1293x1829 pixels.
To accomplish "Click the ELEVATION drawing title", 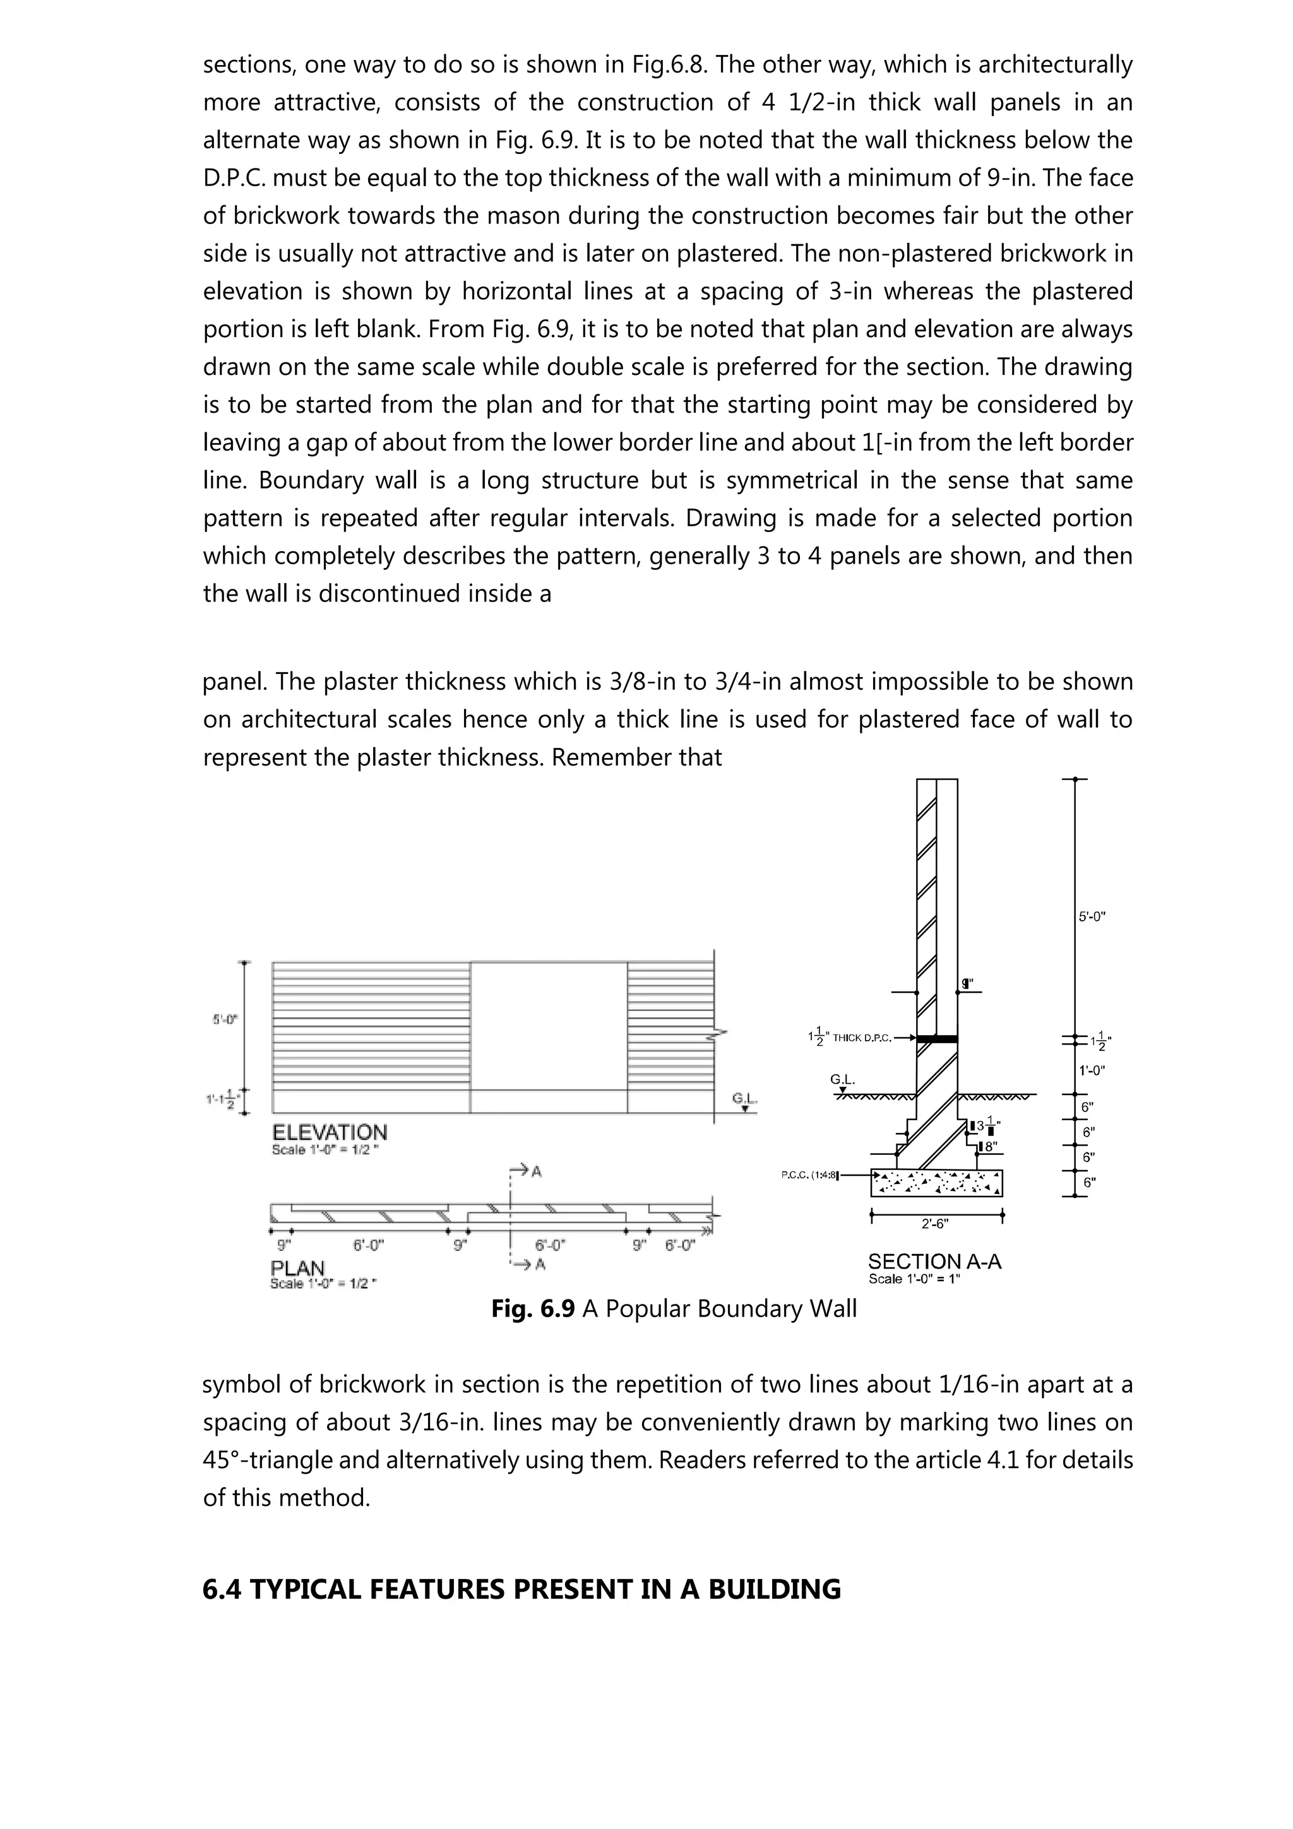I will click(329, 1133).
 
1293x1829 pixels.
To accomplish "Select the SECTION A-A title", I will click(934, 1262).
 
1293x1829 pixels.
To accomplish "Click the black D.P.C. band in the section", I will click(937, 1039).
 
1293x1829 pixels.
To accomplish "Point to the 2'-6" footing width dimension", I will click(935, 1224).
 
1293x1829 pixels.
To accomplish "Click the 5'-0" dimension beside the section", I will click(1092, 917).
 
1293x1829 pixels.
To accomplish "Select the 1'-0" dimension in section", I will click(1092, 1070).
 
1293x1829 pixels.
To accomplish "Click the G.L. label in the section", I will click(842, 1080).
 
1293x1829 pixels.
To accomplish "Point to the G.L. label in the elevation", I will click(744, 1100).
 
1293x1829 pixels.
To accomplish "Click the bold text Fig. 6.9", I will click(532, 1309).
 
